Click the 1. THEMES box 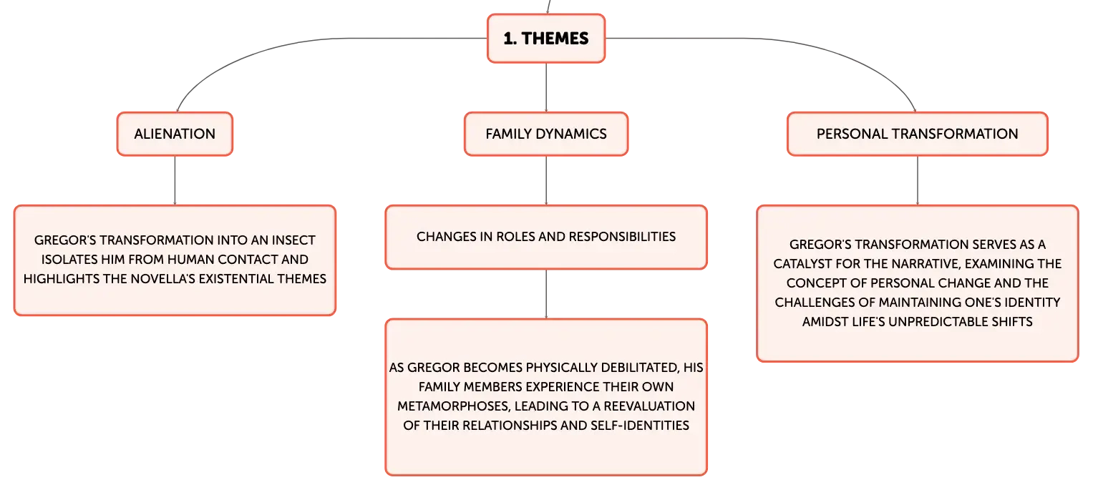[546, 38]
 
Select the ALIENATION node [175, 134]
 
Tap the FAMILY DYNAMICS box [546, 134]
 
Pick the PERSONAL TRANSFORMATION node [918, 134]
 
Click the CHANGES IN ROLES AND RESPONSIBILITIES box [546, 237]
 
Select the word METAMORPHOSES [453, 406]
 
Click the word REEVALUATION [649, 406]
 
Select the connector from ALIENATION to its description [175, 180]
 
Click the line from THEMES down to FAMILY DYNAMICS [546, 87]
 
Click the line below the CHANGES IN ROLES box [546, 294]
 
